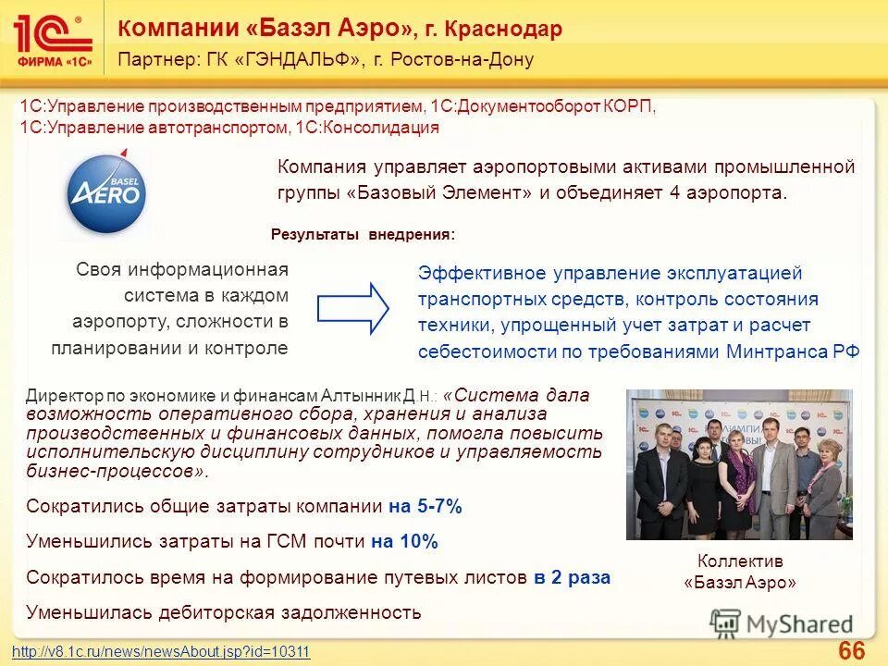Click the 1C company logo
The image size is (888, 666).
(53, 39)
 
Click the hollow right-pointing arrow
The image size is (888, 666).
(353, 308)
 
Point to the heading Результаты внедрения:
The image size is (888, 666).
(363, 235)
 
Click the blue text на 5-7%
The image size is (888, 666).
(425, 507)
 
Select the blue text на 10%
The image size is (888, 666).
(404, 542)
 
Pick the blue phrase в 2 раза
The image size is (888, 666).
(572, 577)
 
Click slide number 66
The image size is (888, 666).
(851, 650)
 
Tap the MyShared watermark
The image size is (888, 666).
(783, 624)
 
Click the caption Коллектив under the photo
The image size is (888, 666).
(739, 561)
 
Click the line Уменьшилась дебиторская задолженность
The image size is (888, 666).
(224, 611)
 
